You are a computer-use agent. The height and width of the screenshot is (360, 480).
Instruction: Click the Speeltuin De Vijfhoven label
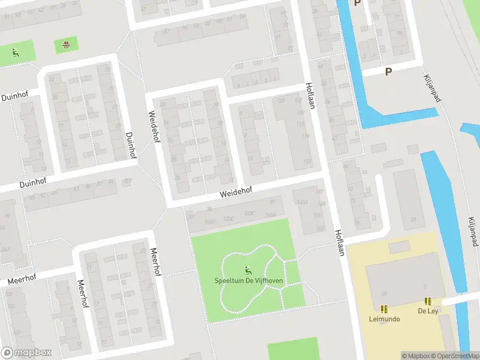coord(249,280)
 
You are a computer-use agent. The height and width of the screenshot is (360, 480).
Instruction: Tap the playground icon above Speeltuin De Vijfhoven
coord(248,270)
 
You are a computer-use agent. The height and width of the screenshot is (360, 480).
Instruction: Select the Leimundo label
coord(384,319)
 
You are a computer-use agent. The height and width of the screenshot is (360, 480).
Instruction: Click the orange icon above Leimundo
coord(384,309)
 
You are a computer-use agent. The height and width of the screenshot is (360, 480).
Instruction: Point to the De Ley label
coord(428,311)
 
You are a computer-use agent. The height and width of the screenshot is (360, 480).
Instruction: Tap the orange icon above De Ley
coord(428,301)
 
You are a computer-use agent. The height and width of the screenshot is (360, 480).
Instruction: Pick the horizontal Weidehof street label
coord(236,191)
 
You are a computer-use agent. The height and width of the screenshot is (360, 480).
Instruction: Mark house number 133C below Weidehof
coord(250,214)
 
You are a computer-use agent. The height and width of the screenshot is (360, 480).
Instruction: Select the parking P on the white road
coord(388,71)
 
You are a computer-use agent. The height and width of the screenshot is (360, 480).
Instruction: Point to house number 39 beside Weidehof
coord(272,202)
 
